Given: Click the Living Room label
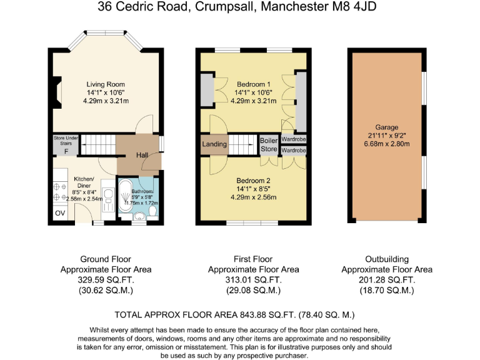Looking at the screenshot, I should [106, 84].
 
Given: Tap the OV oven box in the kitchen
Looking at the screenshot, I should [60, 213].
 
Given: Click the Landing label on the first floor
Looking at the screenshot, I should [214, 144].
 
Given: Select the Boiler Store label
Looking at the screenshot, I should [269, 144].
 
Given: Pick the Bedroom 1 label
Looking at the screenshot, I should [253, 84].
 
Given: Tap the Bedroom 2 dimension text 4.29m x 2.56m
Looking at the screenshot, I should [253, 197].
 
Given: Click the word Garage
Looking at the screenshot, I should [386, 127].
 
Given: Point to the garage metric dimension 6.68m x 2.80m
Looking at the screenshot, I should [386, 144].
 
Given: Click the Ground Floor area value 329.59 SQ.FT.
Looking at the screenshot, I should [107, 281].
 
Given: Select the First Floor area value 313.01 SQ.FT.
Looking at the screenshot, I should [253, 281].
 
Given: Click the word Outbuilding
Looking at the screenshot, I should [386, 259].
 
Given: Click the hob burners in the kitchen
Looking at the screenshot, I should [61, 191].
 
